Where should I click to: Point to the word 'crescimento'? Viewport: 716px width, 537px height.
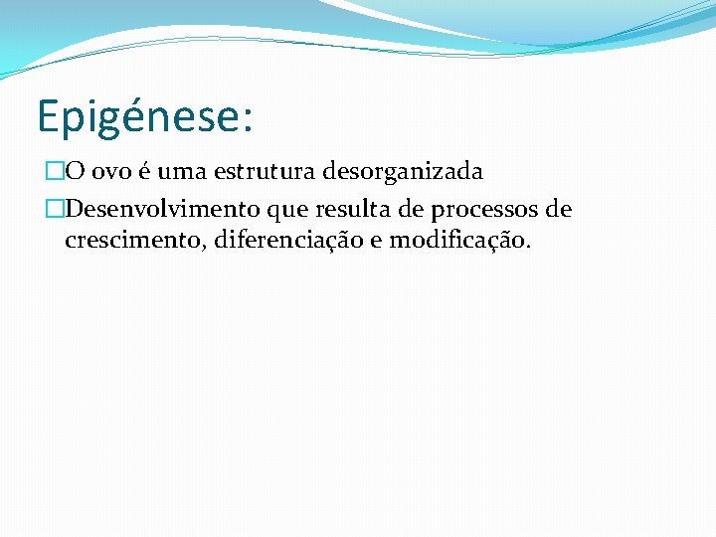click(129, 240)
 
